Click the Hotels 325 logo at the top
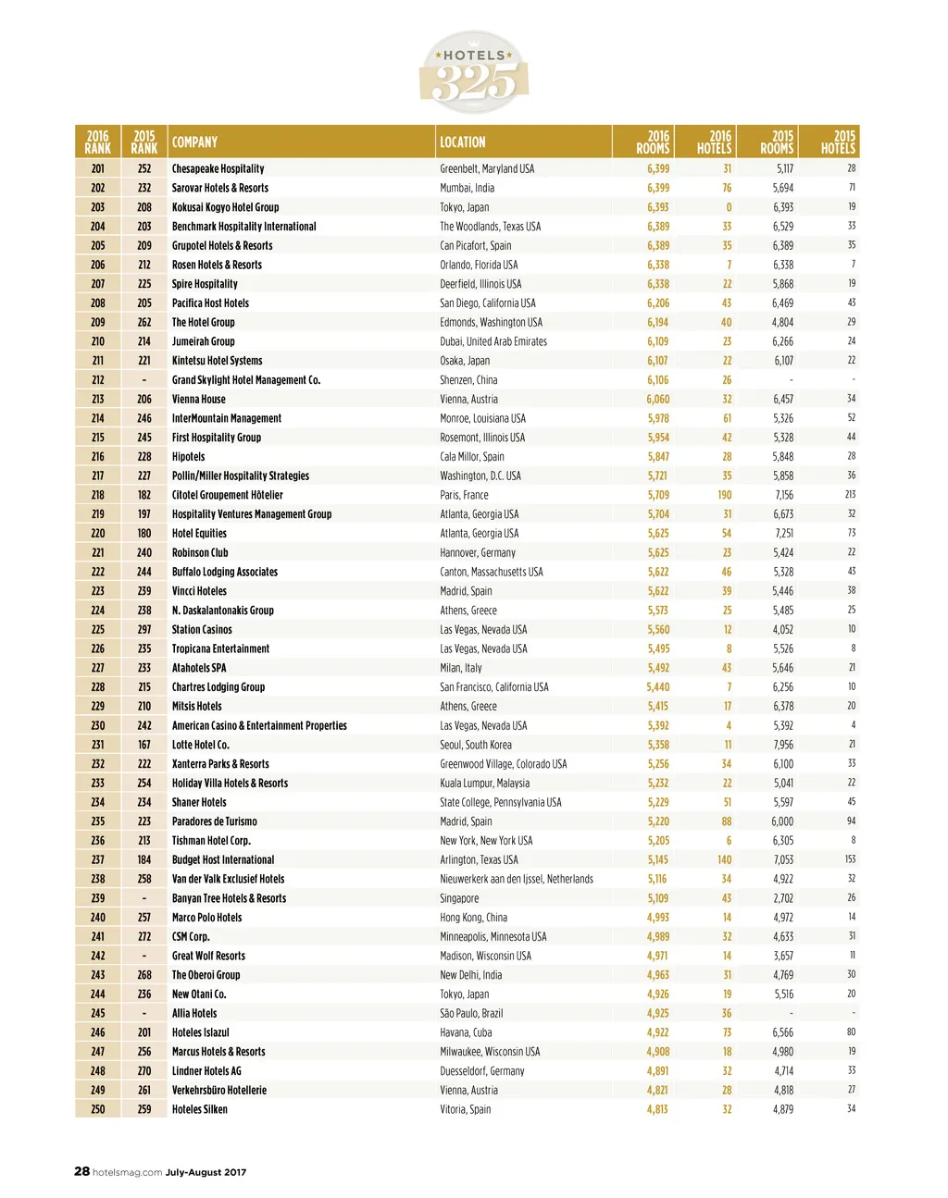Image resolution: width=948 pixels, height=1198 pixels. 474,72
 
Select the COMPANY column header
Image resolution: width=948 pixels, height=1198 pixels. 194,142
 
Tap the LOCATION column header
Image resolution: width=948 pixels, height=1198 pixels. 462,142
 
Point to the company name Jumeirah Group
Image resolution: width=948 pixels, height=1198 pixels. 203,341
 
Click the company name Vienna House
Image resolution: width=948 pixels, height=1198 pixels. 198,399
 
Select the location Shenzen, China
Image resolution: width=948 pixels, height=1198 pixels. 468,380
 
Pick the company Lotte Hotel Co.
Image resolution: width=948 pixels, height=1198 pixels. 200,745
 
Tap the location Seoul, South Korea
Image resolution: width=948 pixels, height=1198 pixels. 475,745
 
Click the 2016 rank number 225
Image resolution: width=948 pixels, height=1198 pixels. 98,630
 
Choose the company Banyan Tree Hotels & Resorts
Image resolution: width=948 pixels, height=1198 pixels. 229,898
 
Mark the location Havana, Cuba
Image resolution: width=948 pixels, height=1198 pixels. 466,1032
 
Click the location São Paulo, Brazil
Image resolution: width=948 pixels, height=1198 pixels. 471,1013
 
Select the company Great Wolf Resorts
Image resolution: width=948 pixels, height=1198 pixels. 208,956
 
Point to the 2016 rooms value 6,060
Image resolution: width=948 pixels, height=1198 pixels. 657,399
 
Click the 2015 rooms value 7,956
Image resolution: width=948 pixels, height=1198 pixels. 782,745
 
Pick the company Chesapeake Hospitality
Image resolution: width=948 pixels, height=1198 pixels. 218,168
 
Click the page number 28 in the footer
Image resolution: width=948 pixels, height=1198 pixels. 82,1171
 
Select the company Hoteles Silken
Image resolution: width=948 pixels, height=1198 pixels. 199,1109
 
